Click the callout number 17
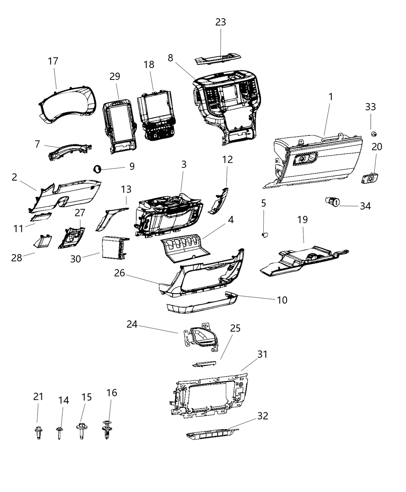(53, 61)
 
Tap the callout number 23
(220, 22)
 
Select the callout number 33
(370, 107)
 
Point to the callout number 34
(365, 206)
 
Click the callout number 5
(264, 203)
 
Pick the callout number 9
(132, 166)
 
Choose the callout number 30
(76, 259)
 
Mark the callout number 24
(132, 324)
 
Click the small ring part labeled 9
(97, 168)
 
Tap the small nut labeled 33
(374, 134)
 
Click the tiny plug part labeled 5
(265, 234)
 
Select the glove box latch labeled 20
(370, 179)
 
